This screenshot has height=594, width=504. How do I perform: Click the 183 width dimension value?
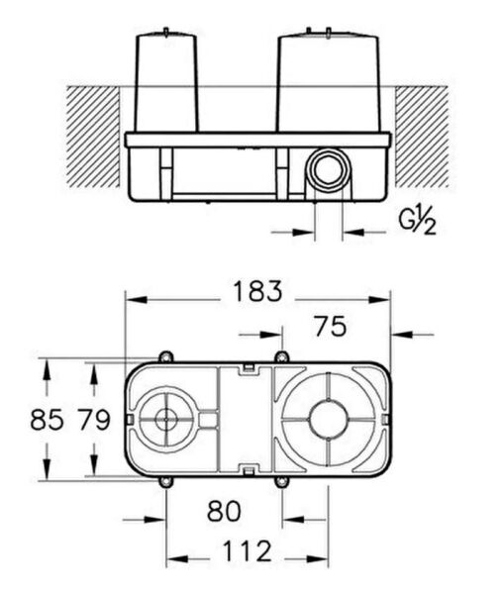(x=257, y=292)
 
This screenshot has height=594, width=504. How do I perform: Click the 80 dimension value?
(x=225, y=512)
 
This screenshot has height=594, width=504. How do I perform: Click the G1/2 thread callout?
(x=416, y=220)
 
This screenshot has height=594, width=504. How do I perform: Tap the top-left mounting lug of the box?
(x=165, y=357)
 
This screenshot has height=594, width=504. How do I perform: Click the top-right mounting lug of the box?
(x=281, y=357)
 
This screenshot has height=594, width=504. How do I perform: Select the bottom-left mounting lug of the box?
(x=165, y=482)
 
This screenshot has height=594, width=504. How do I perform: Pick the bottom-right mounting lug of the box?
(x=281, y=482)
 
